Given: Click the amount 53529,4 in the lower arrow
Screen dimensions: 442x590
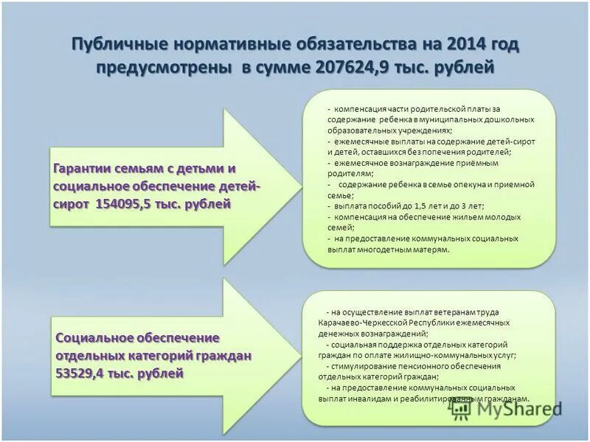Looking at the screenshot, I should coord(82,373).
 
